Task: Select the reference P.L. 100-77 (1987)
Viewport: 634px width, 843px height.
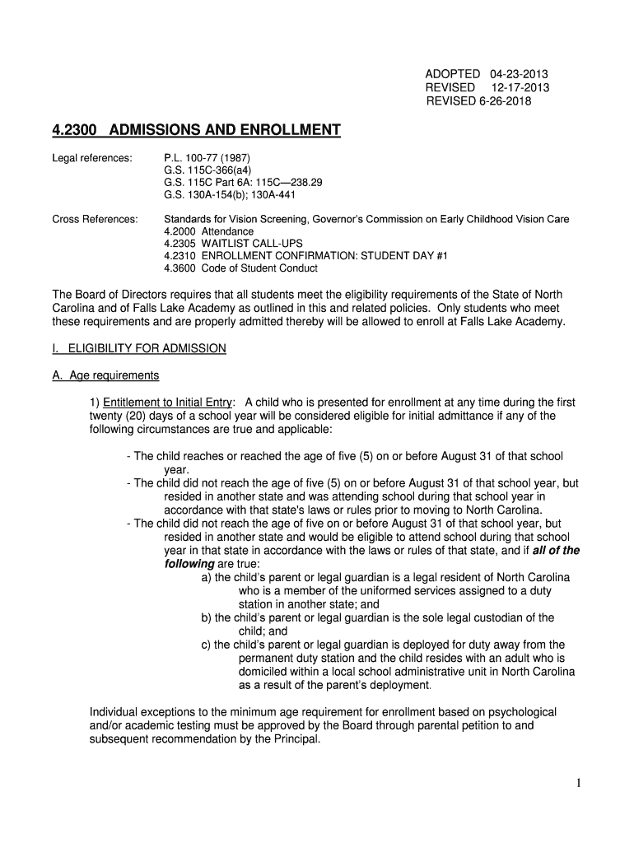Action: [207, 156]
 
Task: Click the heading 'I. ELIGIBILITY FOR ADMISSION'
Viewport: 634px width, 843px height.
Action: [138, 348]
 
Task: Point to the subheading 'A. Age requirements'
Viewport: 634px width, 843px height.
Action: [105, 375]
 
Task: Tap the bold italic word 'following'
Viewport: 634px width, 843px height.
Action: [189, 564]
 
